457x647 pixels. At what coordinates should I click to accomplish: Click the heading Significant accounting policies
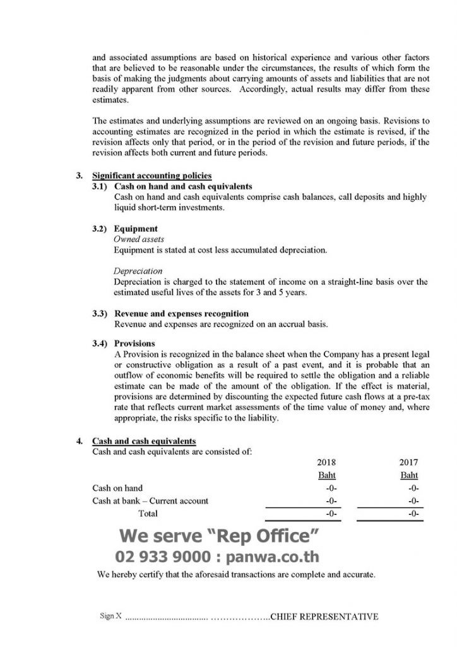pyautogui.click(x=151, y=175)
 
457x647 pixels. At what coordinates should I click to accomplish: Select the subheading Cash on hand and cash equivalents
pyautogui.click(x=183, y=186)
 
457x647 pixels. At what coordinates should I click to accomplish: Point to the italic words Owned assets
pyautogui.click(x=139, y=239)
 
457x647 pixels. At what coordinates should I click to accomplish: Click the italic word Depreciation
pyautogui.click(x=138, y=271)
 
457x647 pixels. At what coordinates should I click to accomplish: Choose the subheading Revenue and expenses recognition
pyautogui.click(x=181, y=313)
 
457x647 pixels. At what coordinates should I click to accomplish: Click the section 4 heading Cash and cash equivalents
pyautogui.click(x=143, y=440)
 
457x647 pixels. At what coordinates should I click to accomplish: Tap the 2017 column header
pyautogui.click(x=409, y=462)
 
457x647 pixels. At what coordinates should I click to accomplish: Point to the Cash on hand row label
pyautogui.click(x=117, y=488)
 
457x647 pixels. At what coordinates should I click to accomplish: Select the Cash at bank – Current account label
pyautogui.click(x=150, y=501)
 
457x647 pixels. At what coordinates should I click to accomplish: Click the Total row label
pyautogui.click(x=148, y=514)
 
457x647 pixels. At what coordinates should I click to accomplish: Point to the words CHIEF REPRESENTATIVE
pyautogui.click(x=324, y=616)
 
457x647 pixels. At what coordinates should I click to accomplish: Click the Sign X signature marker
pyautogui.click(x=111, y=616)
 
